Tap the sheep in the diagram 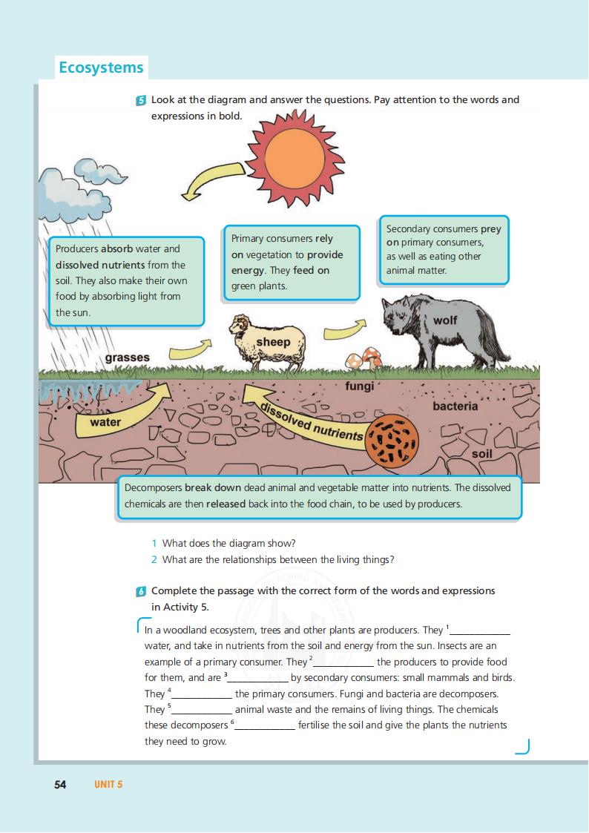click(266, 342)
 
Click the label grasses click(127, 358)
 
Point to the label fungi click(359, 386)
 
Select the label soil click(481, 453)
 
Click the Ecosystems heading click(101, 68)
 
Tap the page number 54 click(61, 785)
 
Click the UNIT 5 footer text click(108, 785)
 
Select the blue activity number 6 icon click(141, 591)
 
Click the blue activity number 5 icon click(141, 100)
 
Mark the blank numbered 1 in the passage click(481, 631)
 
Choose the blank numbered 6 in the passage click(265, 726)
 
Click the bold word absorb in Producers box click(116, 248)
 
